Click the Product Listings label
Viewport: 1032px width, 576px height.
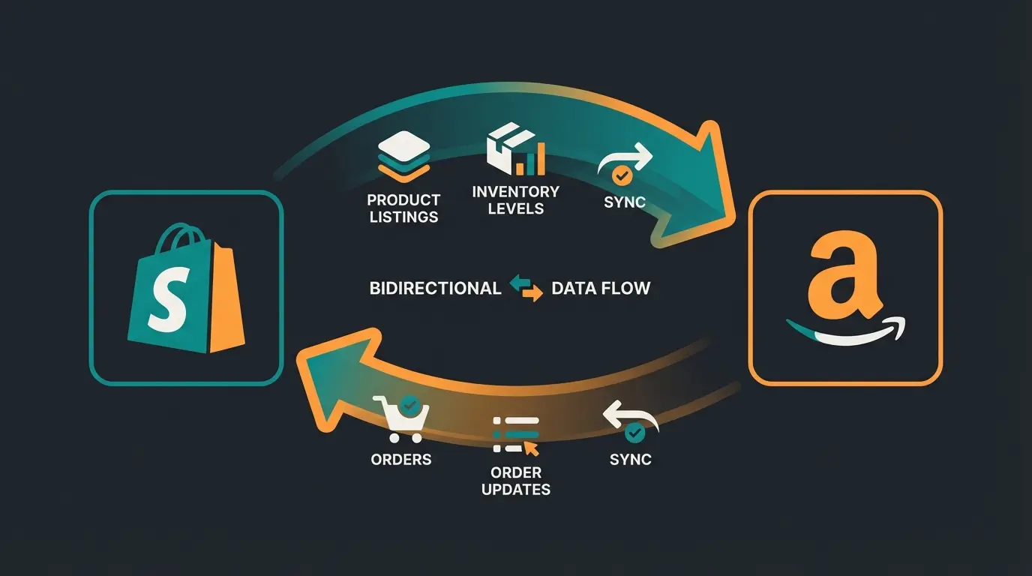coord(403,208)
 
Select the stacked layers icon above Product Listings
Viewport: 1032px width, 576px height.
coord(403,157)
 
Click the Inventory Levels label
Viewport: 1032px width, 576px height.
coord(515,199)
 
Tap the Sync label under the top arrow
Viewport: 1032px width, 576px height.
coord(625,203)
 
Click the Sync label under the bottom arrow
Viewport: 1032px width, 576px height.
coord(631,459)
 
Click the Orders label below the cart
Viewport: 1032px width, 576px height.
coord(401,459)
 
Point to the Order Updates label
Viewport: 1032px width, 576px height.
coord(515,481)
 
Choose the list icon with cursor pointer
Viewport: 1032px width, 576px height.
coord(516,435)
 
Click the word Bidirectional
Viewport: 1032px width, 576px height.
coord(435,288)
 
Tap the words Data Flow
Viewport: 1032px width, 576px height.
coord(600,288)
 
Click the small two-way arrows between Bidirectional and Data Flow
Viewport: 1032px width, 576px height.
coord(526,288)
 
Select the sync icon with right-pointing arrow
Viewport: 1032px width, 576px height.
coord(624,166)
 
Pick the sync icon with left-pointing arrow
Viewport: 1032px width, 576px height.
coord(631,421)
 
